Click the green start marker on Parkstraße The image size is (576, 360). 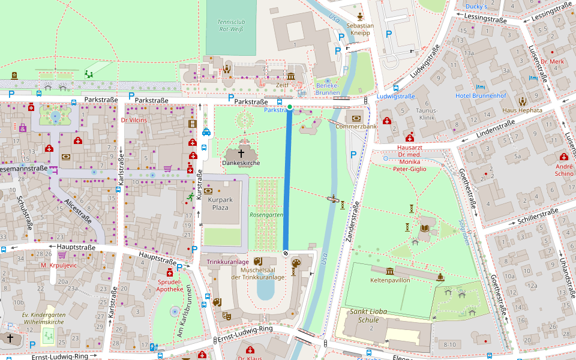coord(290,107)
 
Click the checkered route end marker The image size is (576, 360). coord(286,253)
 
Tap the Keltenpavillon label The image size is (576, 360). coord(390,280)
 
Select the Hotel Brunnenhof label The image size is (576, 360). coord(481,96)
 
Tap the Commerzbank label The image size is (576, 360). coord(356,127)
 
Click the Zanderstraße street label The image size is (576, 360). coord(352,221)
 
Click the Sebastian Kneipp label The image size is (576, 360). coord(360,29)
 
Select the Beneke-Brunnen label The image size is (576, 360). coord(328,89)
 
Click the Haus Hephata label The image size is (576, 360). coord(522,110)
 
